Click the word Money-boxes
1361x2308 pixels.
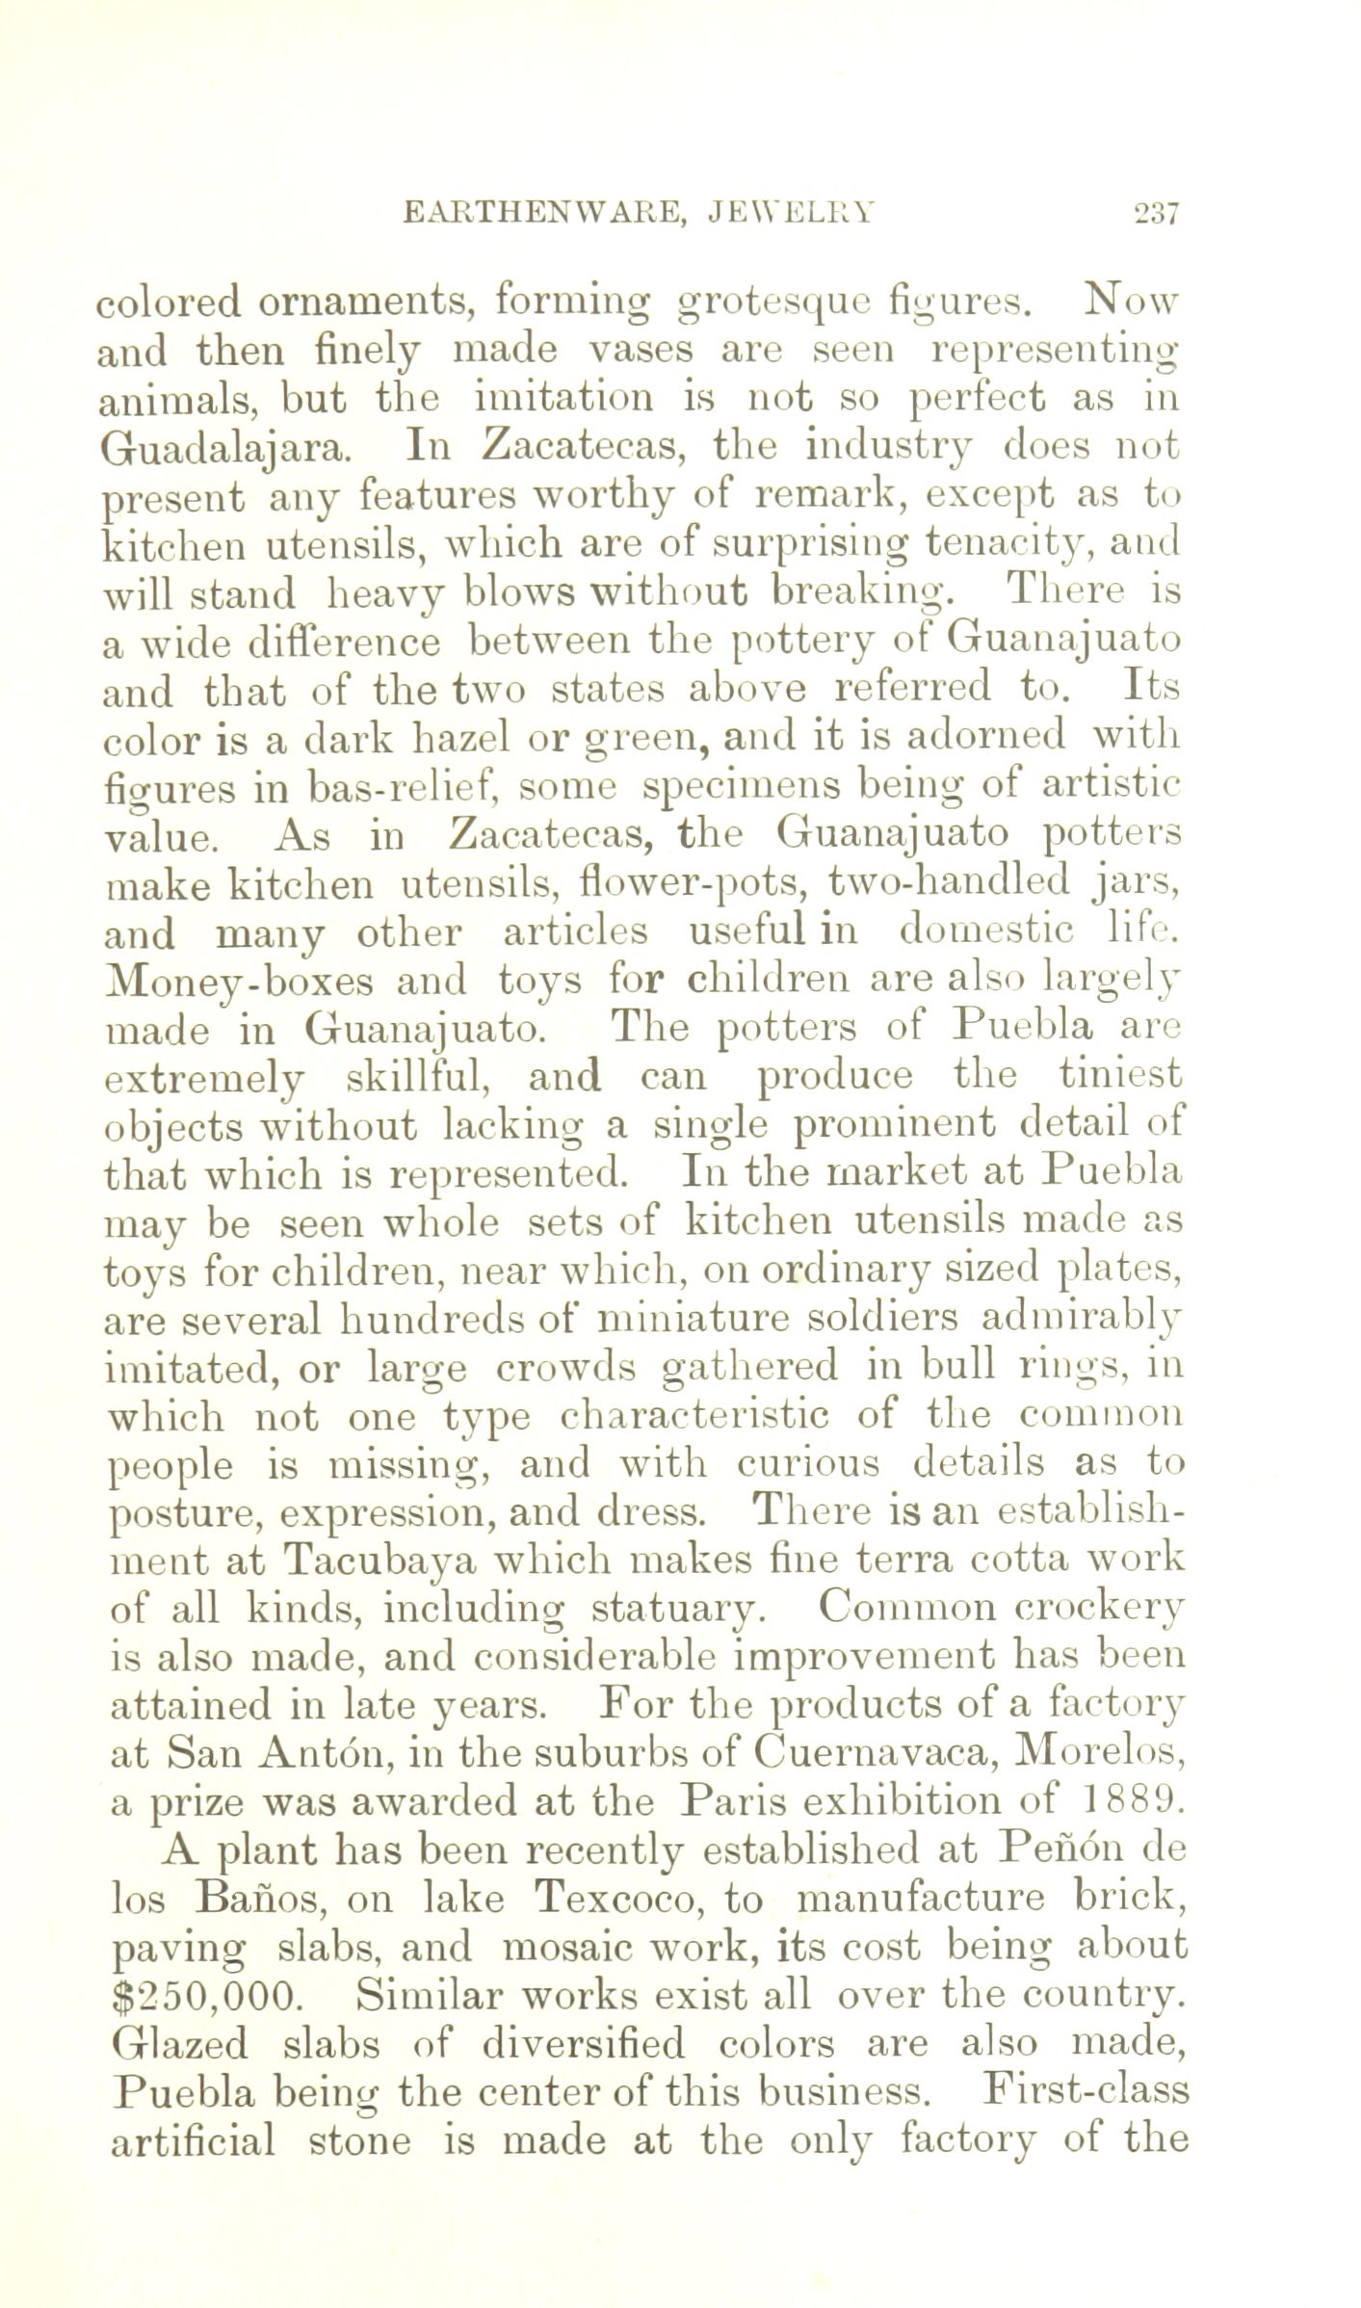point(237,982)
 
